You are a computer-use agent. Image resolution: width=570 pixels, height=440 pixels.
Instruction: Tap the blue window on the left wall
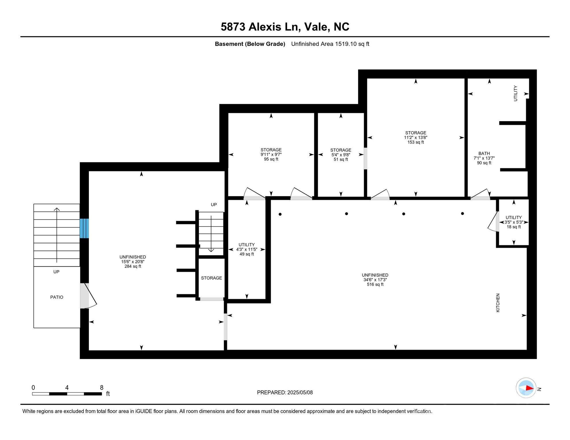pyautogui.click(x=84, y=228)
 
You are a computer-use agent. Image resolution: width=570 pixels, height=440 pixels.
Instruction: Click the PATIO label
pyautogui.click(x=57, y=297)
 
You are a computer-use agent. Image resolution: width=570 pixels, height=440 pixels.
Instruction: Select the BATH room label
pyautogui.click(x=484, y=154)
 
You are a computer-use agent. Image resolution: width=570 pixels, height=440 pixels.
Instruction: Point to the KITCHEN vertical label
pyautogui.click(x=498, y=303)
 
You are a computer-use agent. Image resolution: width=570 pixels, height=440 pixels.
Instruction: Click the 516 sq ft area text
pyautogui.click(x=375, y=284)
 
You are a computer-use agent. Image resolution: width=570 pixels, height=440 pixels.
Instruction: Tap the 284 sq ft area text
pyautogui.click(x=133, y=266)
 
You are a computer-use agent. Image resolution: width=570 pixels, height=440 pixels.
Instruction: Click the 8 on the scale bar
pyautogui.click(x=101, y=388)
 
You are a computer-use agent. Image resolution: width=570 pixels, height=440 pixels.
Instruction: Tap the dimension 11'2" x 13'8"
pyautogui.click(x=415, y=137)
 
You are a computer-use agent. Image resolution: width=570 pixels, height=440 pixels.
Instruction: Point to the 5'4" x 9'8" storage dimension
pyautogui.click(x=341, y=155)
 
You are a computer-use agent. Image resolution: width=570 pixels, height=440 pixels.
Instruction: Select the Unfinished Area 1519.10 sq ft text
pyautogui.click(x=330, y=44)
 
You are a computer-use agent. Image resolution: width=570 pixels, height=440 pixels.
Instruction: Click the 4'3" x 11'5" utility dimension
pyautogui.click(x=247, y=250)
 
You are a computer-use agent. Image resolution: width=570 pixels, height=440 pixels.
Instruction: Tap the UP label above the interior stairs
pyautogui.click(x=214, y=205)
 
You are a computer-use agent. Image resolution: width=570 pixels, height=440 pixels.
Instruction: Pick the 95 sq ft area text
pyautogui.click(x=271, y=159)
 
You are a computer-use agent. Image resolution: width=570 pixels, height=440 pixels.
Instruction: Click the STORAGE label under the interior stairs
pyautogui.click(x=211, y=278)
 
